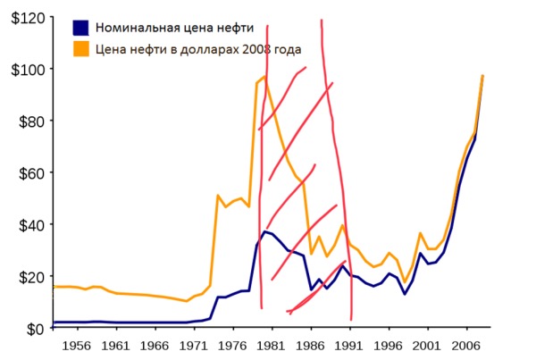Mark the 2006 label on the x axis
point(465,344)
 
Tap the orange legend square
point(81,50)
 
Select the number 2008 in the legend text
point(264,50)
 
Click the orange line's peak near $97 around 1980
point(264,77)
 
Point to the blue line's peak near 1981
point(264,231)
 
